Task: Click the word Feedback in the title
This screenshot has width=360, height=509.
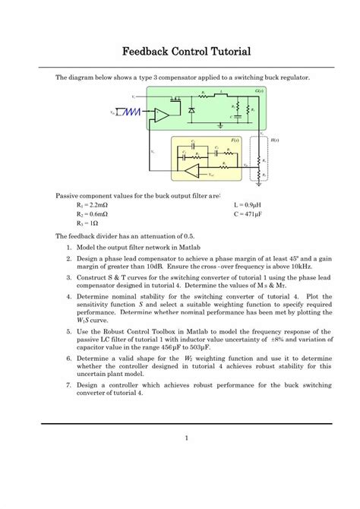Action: tap(146, 52)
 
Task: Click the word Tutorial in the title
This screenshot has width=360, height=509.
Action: tap(226, 52)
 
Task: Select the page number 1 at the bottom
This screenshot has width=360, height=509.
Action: tap(186, 437)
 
